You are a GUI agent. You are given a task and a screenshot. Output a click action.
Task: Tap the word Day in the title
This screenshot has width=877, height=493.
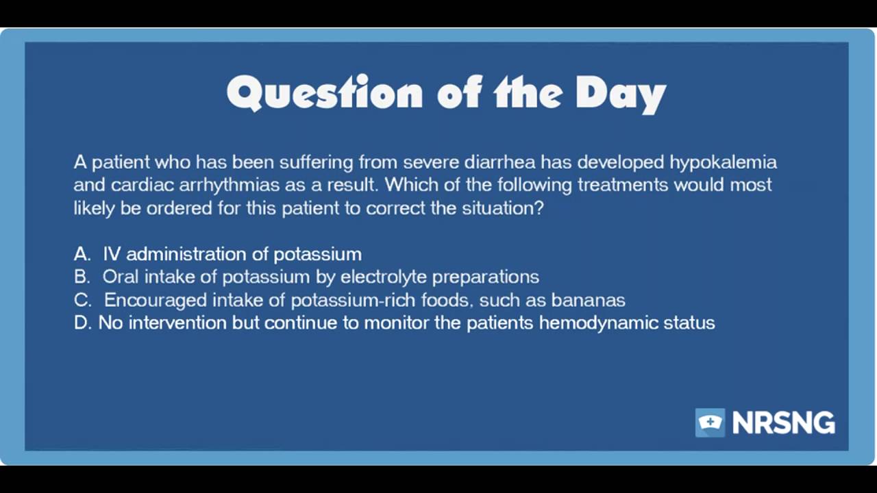pos(620,93)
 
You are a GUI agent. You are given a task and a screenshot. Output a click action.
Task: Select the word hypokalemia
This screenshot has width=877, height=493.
pos(723,162)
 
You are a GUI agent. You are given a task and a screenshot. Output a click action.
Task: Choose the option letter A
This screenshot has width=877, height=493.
pos(81,254)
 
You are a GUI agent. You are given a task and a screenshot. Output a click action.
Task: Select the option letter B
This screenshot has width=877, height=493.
pos(81,277)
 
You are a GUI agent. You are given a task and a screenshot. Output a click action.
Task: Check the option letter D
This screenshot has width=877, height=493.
pos(82,323)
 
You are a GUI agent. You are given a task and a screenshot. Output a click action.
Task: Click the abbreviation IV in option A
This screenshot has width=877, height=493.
pos(112,254)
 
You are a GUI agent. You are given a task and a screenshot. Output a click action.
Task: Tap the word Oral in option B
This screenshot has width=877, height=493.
pos(121,277)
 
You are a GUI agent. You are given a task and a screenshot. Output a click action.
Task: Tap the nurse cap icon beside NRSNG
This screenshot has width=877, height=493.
pos(710,422)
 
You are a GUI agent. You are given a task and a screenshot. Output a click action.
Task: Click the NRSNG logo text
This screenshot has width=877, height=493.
pos(783,423)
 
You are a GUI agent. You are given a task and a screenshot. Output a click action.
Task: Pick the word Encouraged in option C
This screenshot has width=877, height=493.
pos(156,300)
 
